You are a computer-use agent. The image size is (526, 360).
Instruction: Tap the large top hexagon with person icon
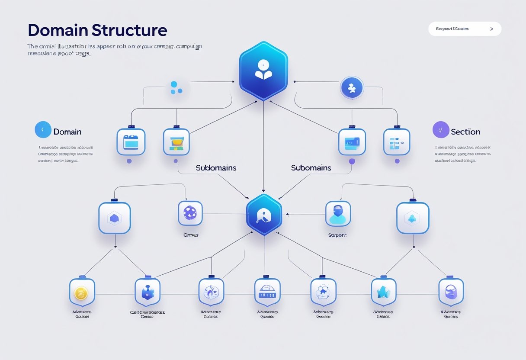(x=263, y=71)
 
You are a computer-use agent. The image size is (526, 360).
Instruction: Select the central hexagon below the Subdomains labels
(x=263, y=215)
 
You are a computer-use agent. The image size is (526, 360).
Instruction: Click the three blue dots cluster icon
(x=176, y=88)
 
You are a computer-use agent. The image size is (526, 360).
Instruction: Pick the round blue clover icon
(x=352, y=88)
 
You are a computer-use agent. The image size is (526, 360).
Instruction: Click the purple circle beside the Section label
(x=441, y=130)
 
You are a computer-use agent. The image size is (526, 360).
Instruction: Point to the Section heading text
(x=465, y=132)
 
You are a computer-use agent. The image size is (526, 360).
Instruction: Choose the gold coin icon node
(x=82, y=293)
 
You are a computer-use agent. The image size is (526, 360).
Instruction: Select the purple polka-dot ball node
(x=190, y=213)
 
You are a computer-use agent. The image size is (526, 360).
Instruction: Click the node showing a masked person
(x=338, y=213)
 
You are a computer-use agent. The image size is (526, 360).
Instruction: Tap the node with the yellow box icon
(x=176, y=142)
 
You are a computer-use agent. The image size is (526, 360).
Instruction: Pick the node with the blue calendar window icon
(x=131, y=142)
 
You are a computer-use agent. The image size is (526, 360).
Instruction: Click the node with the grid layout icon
(x=396, y=142)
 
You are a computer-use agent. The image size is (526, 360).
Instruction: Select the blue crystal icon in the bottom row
(x=384, y=292)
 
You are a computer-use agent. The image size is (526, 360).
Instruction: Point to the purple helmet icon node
(x=451, y=292)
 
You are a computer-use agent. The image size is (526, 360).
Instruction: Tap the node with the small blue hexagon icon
(x=114, y=218)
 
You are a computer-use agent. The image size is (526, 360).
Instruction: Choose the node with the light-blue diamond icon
(x=413, y=218)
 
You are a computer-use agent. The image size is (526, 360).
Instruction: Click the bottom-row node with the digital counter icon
(x=267, y=292)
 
